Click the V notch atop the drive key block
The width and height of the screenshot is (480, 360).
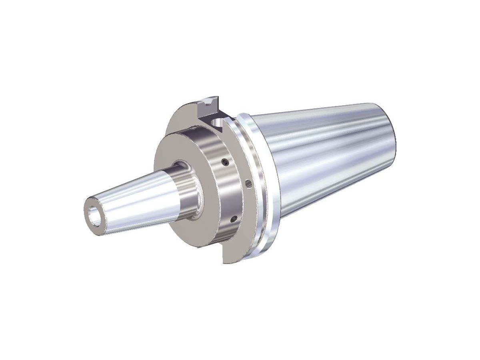(208, 102)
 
